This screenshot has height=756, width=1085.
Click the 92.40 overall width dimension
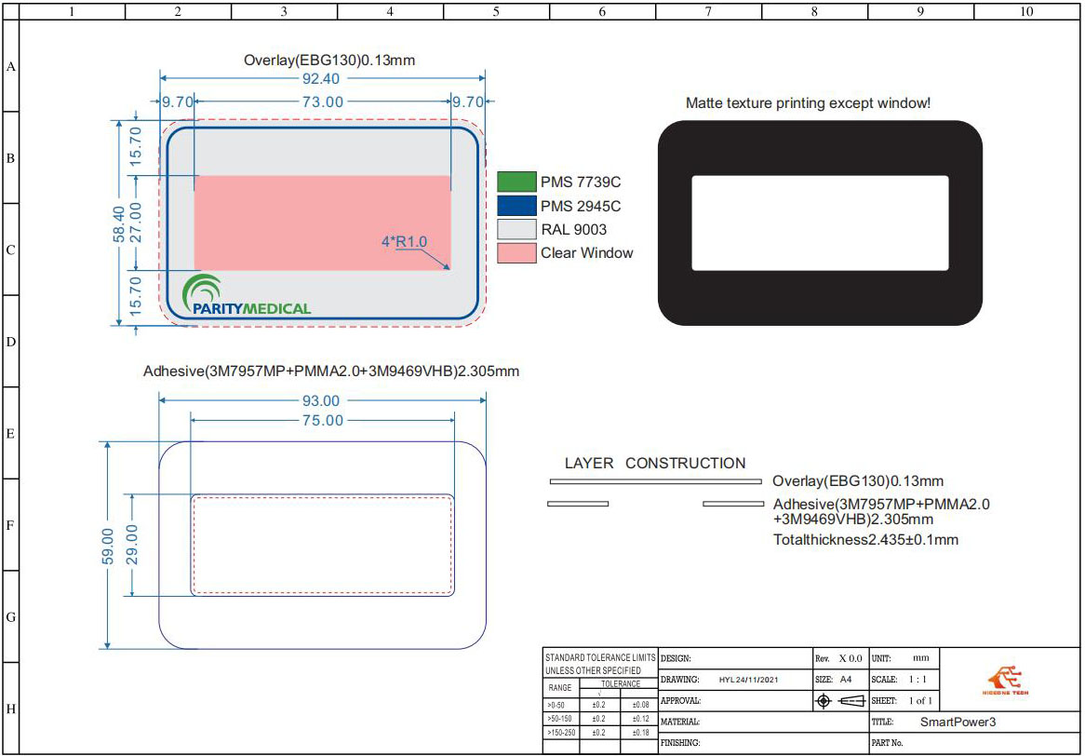320,79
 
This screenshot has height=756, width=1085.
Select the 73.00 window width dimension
320,101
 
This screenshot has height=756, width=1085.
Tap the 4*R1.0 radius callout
404,242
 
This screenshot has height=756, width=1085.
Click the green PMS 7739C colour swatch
516,182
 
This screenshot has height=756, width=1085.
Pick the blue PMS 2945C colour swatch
516,206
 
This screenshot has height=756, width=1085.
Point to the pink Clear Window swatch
516,253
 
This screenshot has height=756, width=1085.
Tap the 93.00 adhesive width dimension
320,400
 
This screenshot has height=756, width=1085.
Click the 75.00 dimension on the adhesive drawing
320,421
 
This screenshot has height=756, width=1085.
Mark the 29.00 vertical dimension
131,546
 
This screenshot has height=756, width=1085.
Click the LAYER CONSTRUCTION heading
655,463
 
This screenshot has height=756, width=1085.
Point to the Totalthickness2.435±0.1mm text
865,540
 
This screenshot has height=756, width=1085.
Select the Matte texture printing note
808,102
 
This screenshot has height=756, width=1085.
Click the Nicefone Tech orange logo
1006,681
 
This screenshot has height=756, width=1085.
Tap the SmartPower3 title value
958,722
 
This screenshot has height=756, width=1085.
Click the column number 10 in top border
1026,12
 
